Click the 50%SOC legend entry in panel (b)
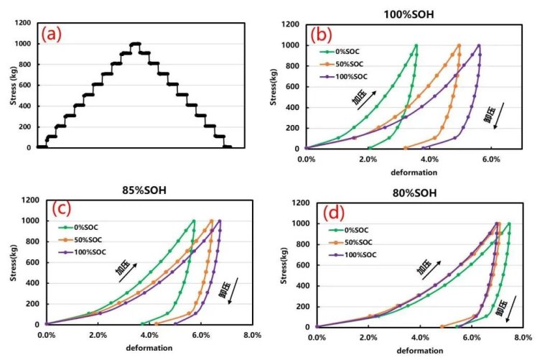(347, 64)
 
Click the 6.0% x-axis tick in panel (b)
(491, 158)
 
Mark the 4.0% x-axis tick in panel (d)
(419, 337)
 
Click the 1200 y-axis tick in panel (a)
(22, 24)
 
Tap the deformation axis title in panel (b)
(413, 172)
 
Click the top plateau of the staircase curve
(134, 44)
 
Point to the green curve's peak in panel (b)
(416, 45)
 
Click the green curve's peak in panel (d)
(509, 223)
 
